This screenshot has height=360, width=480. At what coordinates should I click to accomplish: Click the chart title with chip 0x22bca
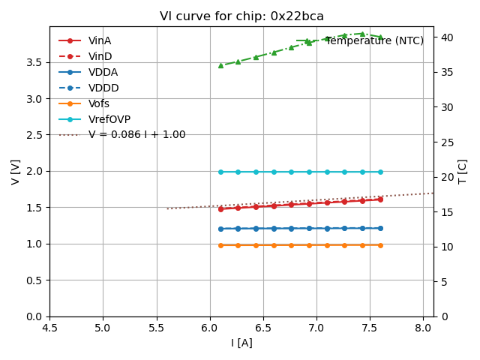[241, 16]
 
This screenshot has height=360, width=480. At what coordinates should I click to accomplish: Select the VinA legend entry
[100, 40]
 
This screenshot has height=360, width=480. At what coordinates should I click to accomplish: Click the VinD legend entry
[100, 56]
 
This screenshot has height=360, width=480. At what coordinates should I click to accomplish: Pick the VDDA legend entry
[103, 72]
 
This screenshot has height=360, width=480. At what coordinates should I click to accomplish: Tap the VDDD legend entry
[103, 88]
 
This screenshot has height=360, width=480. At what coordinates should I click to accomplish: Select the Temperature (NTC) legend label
[374, 40]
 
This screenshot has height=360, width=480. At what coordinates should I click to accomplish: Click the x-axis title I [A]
[241, 343]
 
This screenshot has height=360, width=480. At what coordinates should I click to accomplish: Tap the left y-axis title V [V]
[15, 172]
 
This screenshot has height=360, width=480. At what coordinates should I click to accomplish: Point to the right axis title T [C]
[463, 172]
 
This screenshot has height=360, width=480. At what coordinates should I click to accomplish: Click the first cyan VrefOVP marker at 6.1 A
[220, 172]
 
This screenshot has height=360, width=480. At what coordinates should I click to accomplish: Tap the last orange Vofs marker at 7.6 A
[380, 245]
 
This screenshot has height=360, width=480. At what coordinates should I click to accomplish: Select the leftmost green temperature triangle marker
[220, 65]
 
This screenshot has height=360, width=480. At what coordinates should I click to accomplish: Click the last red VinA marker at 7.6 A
[380, 199]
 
